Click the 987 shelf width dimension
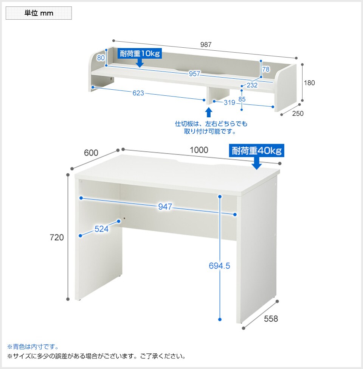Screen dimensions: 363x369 (206, 45)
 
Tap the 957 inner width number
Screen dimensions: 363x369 (194, 74)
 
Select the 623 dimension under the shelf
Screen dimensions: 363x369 (138, 93)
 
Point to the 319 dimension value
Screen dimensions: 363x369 (230, 102)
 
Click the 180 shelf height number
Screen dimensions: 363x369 (309, 83)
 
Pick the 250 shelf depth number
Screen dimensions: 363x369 (298, 114)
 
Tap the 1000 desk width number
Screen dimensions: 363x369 (199, 150)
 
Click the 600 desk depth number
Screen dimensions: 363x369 (91, 153)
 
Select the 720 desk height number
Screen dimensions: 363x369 (57, 237)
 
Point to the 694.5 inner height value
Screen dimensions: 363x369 (219, 266)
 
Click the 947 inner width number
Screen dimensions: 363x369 (165, 207)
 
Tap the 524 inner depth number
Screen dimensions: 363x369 (102, 229)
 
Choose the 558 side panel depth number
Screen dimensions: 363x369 (271, 319)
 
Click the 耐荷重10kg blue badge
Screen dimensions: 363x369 (140, 54)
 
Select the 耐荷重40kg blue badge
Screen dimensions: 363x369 (256, 151)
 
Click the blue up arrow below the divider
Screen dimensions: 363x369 (209, 112)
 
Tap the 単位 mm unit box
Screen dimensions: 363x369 (39, 13)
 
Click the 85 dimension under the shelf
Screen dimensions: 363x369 (242, 99)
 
